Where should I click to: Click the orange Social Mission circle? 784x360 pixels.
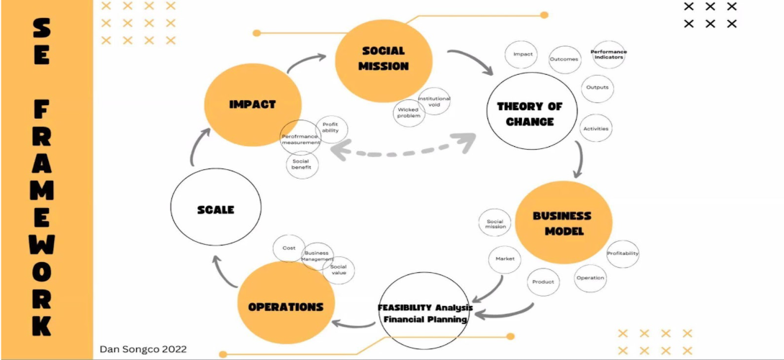click(x=384, y=60)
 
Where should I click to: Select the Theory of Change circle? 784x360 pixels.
click(x=530, y=114)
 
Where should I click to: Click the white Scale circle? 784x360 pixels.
click(x=215, y=210)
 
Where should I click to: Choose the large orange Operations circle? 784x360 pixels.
click(x=285, y=305)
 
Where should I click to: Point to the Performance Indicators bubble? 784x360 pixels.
click(x=608, y=54)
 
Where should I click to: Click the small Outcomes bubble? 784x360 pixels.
click(x=564, y=59)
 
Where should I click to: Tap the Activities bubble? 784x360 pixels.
click(x=596, y=129)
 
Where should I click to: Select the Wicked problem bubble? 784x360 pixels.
click(x=409, y=112)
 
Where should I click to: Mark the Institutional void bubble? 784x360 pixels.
click(x=434, y=101)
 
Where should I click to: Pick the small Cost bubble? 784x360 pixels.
click(x=289, y=248)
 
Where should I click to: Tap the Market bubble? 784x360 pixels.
click(x=504, y=258)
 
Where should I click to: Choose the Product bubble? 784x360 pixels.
click(x=543, y=282)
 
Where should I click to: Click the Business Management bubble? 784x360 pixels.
click(x=316, y=256)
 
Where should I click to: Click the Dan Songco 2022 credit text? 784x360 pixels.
click(x=143, y=349)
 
